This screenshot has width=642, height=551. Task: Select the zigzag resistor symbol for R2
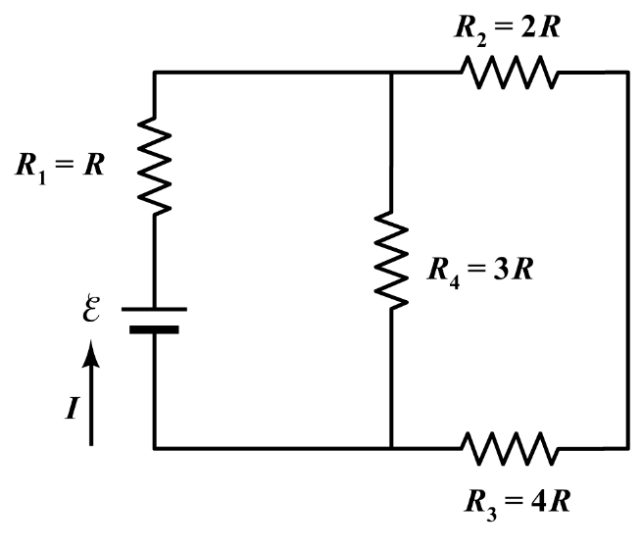click(508, 74)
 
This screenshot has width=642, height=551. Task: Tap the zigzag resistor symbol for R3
click(510, 449)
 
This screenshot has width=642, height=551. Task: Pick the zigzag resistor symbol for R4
click(391, 261)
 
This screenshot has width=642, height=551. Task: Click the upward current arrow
click(91, 392)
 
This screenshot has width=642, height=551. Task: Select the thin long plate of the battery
click(155, 308)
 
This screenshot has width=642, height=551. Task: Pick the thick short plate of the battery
click(155, 329)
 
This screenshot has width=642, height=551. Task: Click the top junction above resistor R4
click(391, 74)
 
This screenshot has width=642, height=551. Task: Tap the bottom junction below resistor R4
click(391, 449)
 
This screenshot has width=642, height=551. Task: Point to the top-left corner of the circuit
click(155, 74)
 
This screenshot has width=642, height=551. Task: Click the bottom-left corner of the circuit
click(155, 449)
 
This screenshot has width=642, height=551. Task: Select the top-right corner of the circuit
click(627, 74)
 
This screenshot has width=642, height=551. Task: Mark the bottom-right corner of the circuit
click(627, 449)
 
